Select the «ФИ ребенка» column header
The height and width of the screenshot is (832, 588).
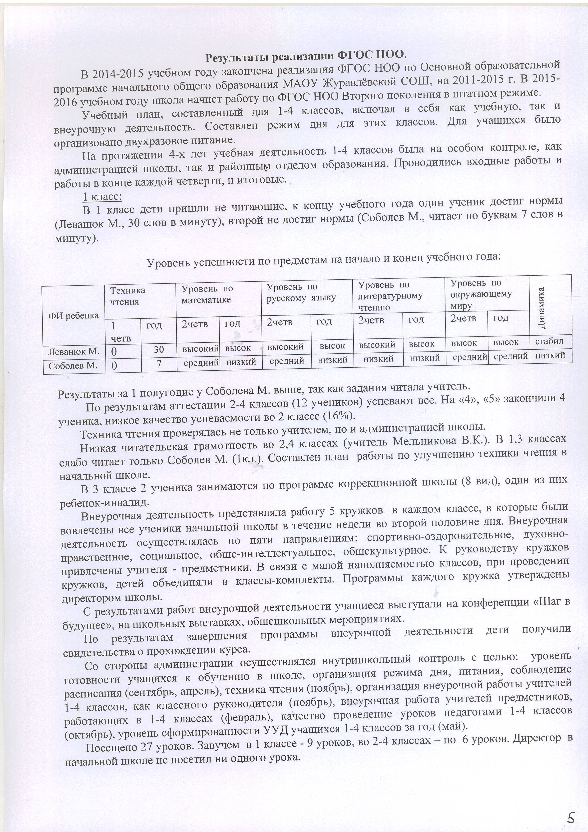[x=73, y=315]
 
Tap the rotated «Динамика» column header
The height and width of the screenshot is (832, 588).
[x=542, y=308]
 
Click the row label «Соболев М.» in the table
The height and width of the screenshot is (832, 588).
[x=73, y=366]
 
